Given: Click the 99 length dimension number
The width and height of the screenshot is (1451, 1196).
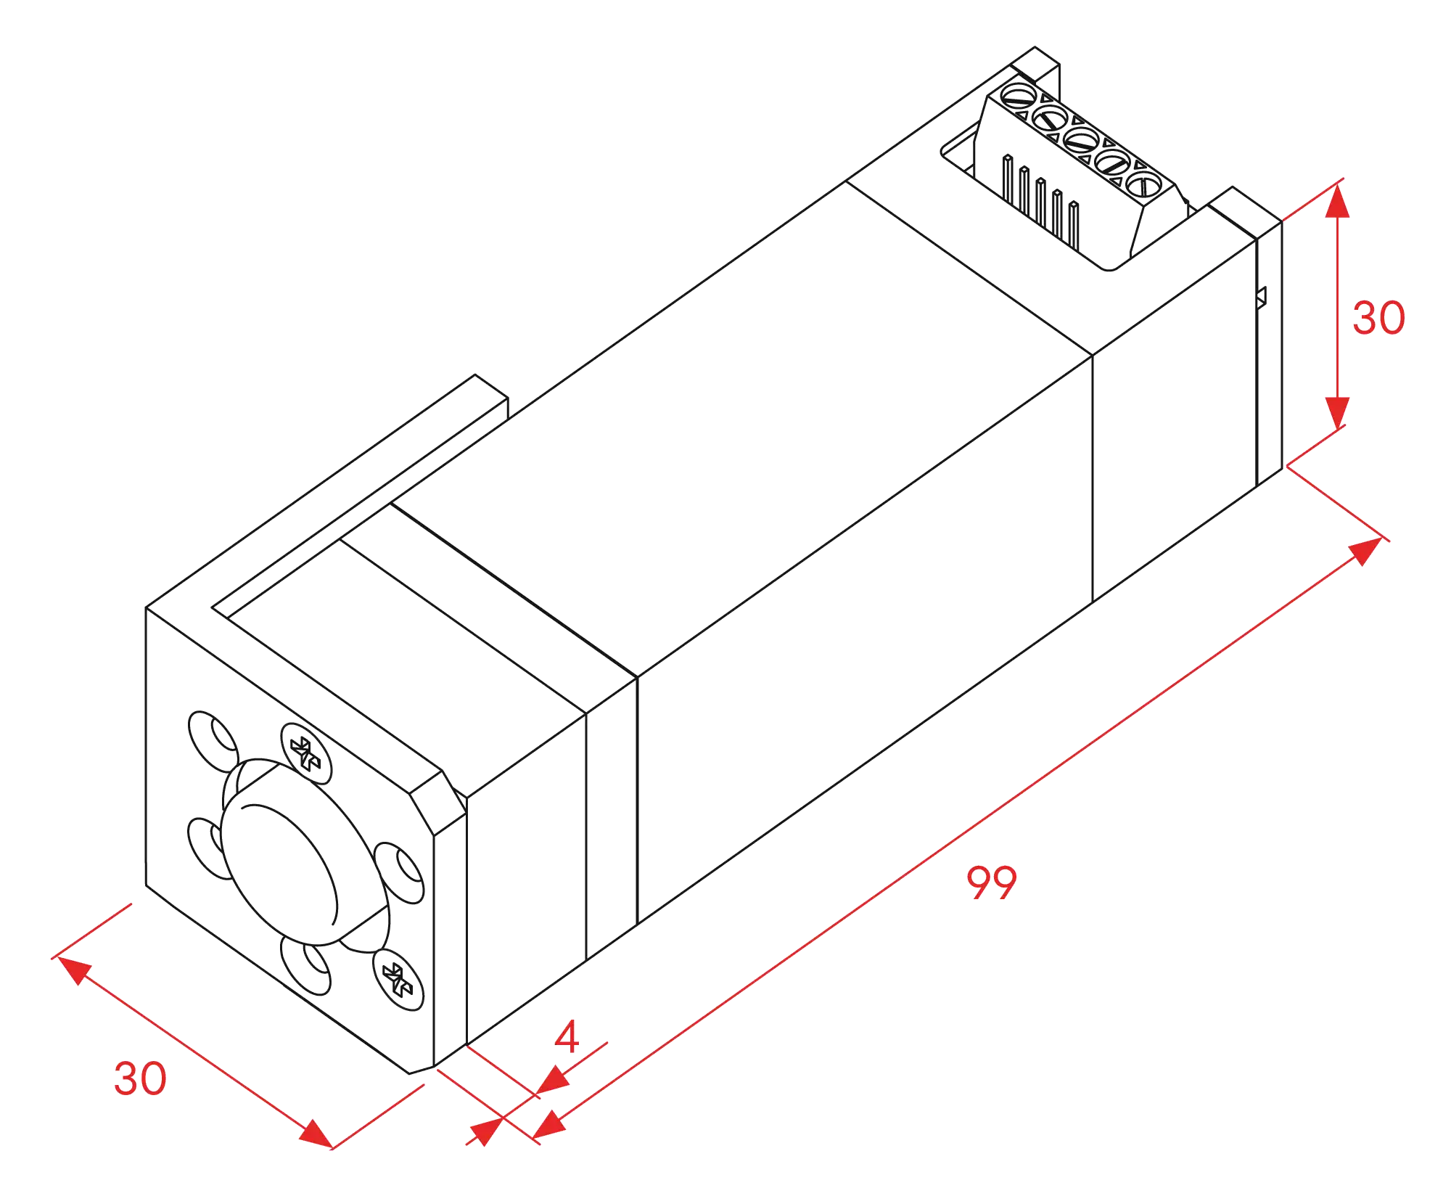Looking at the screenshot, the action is point(991,882).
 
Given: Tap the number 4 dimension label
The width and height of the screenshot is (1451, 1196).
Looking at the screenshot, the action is point(567,1036).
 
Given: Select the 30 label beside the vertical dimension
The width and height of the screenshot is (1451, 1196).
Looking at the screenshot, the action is point(1378,318).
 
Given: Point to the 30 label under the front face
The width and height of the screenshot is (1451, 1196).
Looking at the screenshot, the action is point(140,1078).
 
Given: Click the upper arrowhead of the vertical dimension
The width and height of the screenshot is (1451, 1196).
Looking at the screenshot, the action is point(1337,201).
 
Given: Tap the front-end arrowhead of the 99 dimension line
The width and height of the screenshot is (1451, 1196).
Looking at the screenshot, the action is point(549,1124).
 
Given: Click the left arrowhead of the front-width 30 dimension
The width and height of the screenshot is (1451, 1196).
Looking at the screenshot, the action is point(75,970).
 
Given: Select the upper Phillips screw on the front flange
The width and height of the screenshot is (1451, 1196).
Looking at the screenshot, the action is point(306,753).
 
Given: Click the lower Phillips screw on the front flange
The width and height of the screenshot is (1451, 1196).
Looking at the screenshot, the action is point(398,980).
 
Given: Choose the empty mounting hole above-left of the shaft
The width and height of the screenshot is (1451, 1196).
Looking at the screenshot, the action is point(213,742).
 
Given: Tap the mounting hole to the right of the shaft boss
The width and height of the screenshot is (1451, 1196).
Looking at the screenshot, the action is point(399,873).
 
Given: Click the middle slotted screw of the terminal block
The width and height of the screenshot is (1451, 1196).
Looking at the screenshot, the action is point(1080,140).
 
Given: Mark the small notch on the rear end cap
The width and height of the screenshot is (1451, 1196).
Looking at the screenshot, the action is point(1261,298).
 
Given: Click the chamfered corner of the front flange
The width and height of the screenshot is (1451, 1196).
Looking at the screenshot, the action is point(438,803).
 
